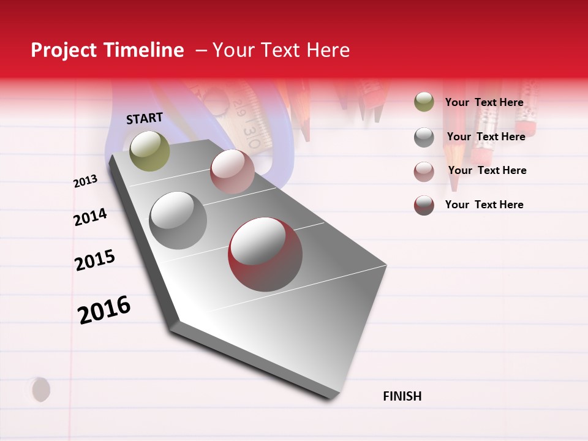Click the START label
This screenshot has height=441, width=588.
point(145,118)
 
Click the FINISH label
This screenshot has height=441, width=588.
point(402,396)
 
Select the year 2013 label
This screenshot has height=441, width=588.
point(85,181)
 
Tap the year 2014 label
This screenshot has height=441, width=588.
point(90,217)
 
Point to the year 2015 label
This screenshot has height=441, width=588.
point(95,260)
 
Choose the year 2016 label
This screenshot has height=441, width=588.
point(104,309)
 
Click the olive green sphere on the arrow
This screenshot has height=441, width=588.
point(150,151)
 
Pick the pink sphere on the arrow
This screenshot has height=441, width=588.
point(232,171)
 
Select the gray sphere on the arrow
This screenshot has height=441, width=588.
point(178,221)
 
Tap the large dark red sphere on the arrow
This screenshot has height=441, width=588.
point(265,254)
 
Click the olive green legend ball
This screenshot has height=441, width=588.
point(424,102)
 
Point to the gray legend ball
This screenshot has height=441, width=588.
point(424,137)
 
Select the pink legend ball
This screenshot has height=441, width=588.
point(424,171)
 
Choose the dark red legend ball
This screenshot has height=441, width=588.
point(424,205)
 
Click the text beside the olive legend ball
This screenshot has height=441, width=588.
point(484,102)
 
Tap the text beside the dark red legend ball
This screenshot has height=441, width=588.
point(484,205)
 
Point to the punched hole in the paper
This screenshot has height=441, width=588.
point(40,390)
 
